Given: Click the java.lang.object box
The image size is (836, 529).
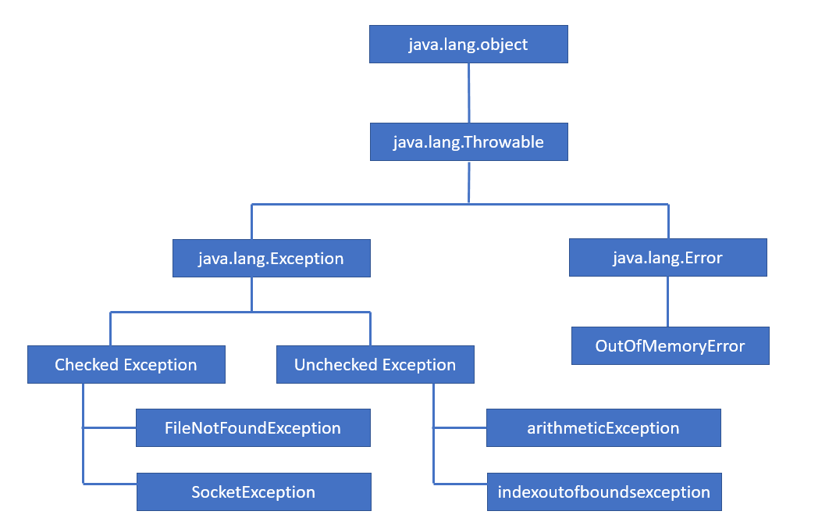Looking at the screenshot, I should coord(468,44).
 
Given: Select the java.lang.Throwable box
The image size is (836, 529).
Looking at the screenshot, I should coord(468,142).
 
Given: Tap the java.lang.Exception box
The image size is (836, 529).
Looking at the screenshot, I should coord(271,259).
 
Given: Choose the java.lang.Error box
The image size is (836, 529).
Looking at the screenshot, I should coord(667,258).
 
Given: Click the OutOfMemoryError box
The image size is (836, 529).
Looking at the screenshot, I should coord(670,346).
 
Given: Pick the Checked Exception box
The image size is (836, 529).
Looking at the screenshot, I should coord(126,365).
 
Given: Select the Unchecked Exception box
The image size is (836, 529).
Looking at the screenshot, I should coord(375,365).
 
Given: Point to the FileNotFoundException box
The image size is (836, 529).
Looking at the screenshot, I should coord(253,428).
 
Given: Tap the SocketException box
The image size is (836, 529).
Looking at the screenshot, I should coord(254,492).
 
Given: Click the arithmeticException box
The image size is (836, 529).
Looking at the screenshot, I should coord(603,428).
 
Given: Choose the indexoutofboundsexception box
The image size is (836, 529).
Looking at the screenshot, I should coord(603,492).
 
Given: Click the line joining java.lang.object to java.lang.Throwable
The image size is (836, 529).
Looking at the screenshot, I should coord(468,93).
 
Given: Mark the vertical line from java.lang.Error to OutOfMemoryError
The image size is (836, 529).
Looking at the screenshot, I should coord(667,302).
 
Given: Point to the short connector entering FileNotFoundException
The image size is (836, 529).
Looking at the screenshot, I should coord(109,428).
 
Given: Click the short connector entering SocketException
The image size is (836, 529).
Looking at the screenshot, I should coord(109,484).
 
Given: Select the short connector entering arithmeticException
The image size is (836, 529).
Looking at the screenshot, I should coord(460,428).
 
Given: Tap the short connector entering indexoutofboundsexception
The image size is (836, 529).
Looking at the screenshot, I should coord(460,484).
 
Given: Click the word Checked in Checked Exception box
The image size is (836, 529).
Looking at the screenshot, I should coord(87,365).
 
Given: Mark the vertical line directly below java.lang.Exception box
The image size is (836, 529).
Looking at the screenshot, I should coord(251,295).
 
